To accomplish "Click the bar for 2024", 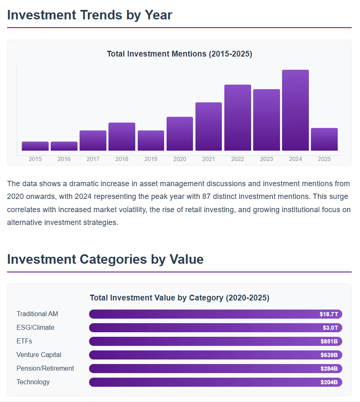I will point(295,110).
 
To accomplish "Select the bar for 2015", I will point(35,146).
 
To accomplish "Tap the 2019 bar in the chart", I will point(151,140).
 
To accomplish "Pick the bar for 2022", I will point(238,118).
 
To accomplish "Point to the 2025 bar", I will point(324,139).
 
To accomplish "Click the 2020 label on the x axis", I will point(180,159).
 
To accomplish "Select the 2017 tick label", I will point(93,159).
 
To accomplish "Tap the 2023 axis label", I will point(266,159).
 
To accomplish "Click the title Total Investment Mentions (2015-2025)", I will point(179,54).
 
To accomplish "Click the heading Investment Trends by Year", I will point(89,15).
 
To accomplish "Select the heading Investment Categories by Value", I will point(105,259).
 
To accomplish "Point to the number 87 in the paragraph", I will point(207,196).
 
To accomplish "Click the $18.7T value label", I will point(329,314).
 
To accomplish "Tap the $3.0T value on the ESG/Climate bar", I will point(330,328).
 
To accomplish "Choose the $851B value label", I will point(329,341).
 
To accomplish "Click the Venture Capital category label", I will point(39,355).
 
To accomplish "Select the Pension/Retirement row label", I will point(45,368).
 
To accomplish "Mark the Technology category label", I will point(33,382).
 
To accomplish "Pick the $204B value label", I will point(329,382).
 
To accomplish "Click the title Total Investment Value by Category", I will point(179,298).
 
